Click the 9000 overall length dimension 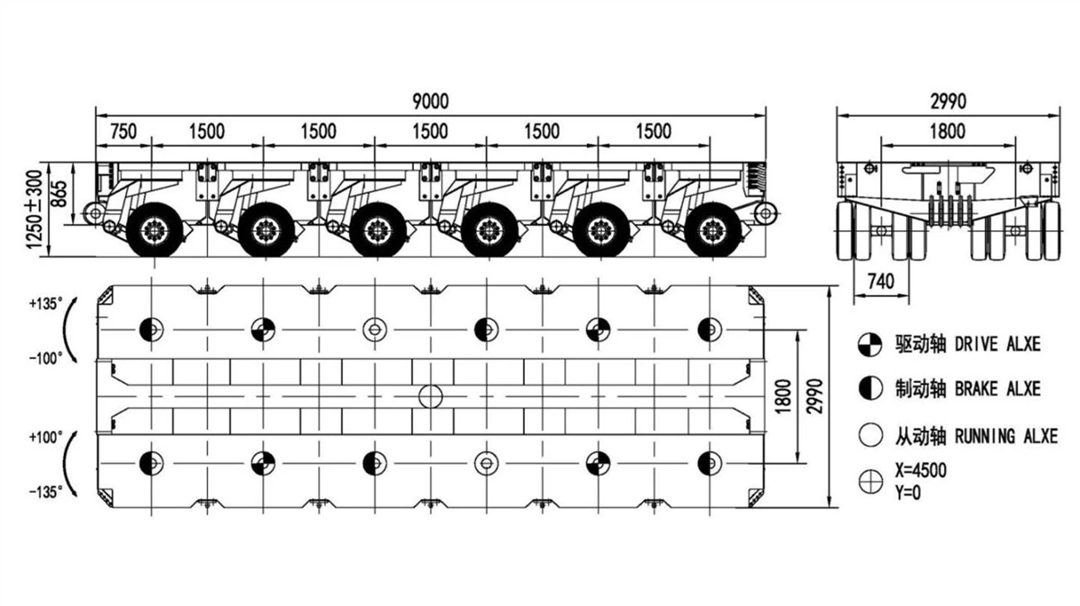[430, 101]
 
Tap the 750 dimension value [123, 131]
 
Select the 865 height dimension [82, 193]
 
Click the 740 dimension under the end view [882, 281]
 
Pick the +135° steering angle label [47, 304]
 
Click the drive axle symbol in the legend [869, 343]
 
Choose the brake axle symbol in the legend [869, 388]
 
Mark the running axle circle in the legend [869, 436]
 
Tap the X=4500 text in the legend [921, 470]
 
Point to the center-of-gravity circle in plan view [431, 396]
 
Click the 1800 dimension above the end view [946, 131]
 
